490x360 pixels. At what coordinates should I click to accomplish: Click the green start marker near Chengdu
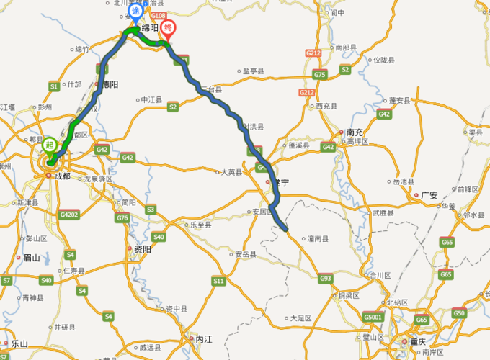pyautogui.click(x=50, y=144)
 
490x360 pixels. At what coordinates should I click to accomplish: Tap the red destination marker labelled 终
pyautogui.click(x=169, y=29)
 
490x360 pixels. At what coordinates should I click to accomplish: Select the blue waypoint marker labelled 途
pyautogui.click(x=135, y=21)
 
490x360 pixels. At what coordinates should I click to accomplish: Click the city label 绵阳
pyautogui.click(x=149, y=28)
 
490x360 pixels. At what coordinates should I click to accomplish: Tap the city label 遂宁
pyautogui.click(x=280, y=184)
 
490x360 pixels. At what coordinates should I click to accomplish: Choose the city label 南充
pyautogui.click(x=353, y=132)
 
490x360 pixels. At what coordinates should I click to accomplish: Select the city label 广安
pyautogui.click(x=430, y=195)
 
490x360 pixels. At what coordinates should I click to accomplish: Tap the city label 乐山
pyautogui.click(x=19, y=344)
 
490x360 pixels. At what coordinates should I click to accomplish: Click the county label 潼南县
pyautogui.click(x=318, y=238)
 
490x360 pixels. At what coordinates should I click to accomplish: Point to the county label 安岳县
pyautogui.click(x=245, y=254)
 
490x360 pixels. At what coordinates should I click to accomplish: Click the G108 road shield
pyautogui.click(x=159, y=14)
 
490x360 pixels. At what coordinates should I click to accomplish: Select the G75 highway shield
pyautogui.click(x=320, y=75)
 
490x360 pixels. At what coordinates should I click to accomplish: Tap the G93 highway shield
pyautogui.click(x=326, y=278)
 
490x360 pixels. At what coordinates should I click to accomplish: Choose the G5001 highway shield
pyautogui.click(x=373, y=317)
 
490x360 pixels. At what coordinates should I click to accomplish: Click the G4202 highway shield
pyautogui.click(x=70, y=215)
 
